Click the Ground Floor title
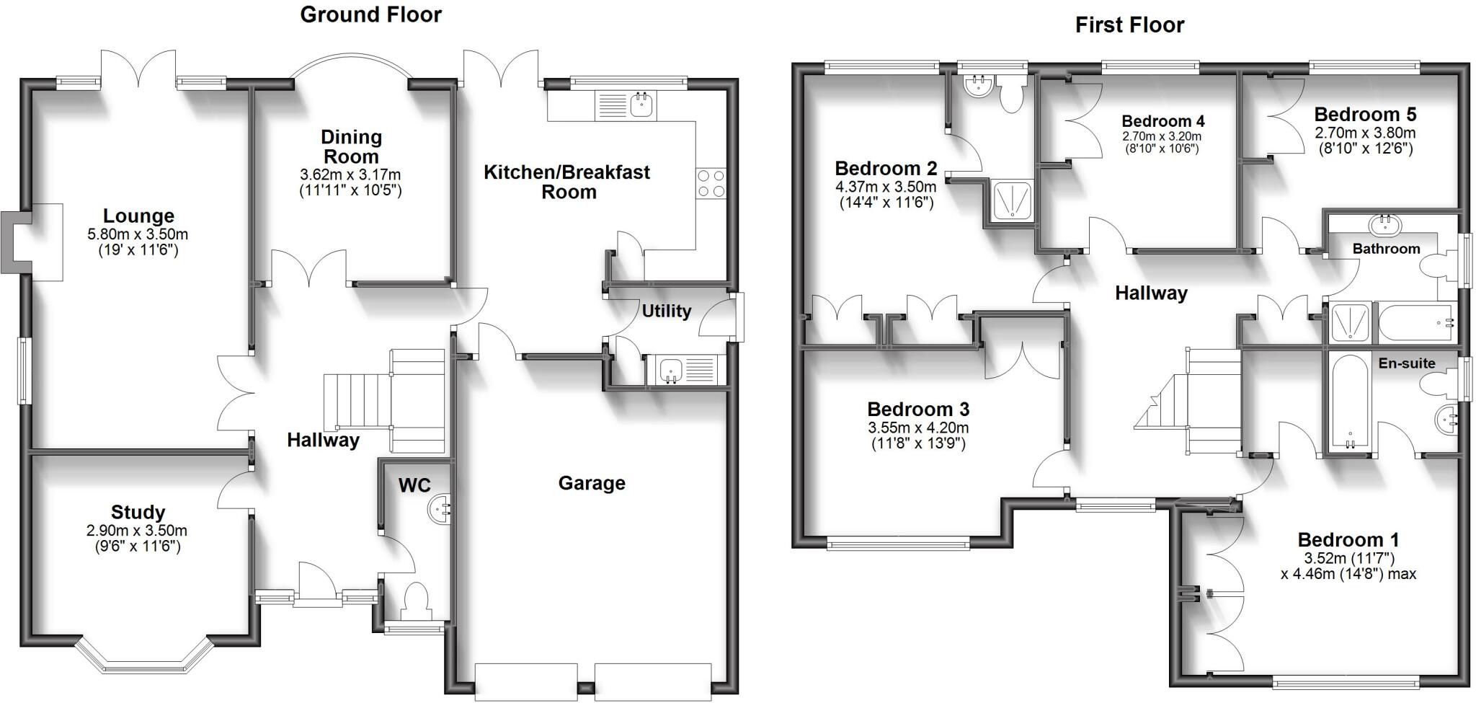370,14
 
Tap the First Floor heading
1129,25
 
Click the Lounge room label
138,216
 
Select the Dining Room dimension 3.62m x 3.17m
350,174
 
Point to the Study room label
138,512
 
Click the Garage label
592,483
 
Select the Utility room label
666,311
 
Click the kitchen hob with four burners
711,183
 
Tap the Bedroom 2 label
886,168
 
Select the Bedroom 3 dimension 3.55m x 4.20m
918,428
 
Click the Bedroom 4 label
1162,121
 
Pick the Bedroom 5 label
1365,114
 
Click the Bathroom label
1386,249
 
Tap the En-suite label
1407,363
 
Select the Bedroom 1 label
1348,539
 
